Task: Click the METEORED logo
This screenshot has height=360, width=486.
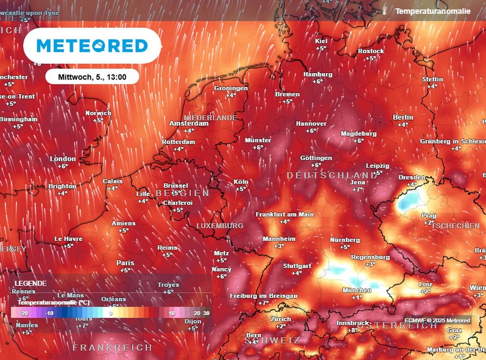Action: pos(92,46)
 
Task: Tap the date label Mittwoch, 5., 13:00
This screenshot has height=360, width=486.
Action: pos(92,76)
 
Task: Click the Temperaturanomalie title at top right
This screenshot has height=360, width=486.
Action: pos(433,11)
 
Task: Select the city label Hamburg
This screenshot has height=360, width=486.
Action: pos(318,75)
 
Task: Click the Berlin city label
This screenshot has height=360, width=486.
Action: pos(403,117)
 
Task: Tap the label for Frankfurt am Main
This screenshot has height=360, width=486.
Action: pos(285,215)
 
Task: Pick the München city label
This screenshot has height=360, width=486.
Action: pos(357,290)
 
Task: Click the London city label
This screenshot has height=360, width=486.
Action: pos(63,159)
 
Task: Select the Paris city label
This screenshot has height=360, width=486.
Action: pos(125,263)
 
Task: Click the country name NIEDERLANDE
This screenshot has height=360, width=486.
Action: pos(210,117)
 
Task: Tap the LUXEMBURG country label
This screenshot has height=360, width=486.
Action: pos(219,226)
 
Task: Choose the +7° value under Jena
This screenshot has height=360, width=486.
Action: pos(357,189)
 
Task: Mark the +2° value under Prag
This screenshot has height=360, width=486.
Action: pos(429,222)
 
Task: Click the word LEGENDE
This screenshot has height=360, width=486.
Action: pos(31,283)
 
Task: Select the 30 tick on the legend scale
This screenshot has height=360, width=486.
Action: pos(206,313)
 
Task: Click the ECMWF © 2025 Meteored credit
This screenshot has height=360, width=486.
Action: pos(437,321)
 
